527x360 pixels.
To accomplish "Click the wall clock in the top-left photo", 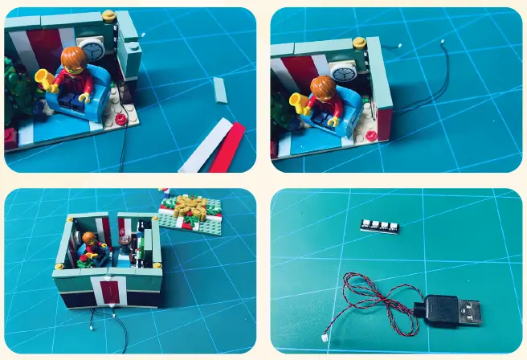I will (91, 49).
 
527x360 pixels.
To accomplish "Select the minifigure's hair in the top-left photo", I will (72, 58).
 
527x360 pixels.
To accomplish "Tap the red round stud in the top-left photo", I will (121, 119).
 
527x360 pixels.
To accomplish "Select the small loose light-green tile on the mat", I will (220, 89).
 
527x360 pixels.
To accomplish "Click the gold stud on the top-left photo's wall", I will (109, 14).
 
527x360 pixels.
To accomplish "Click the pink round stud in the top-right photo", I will (370, 135).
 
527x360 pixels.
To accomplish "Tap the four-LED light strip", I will (378, 227).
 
